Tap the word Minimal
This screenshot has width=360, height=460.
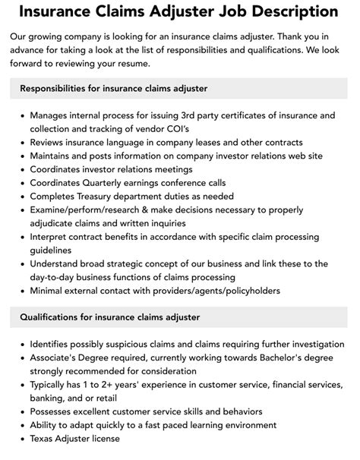click(50, 291)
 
